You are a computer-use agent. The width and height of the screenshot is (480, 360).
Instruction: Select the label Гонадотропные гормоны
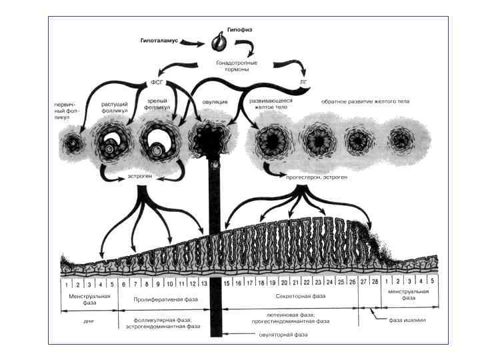pos(237,67)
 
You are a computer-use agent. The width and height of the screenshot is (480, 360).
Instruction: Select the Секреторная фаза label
pos(301,297)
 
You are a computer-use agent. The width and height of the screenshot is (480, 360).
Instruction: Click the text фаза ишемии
pos(407,320)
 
